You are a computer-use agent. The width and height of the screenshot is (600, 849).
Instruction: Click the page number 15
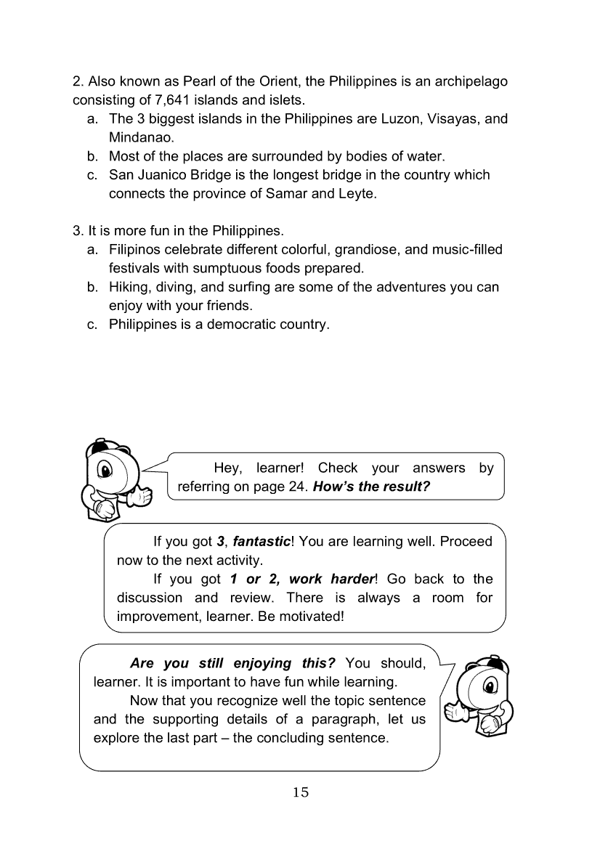301,792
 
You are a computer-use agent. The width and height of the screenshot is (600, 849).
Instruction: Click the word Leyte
359,194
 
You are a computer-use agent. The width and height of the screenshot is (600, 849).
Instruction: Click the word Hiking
129,287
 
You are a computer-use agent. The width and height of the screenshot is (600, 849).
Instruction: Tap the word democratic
243,325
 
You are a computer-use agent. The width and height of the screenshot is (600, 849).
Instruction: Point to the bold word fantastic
261,542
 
